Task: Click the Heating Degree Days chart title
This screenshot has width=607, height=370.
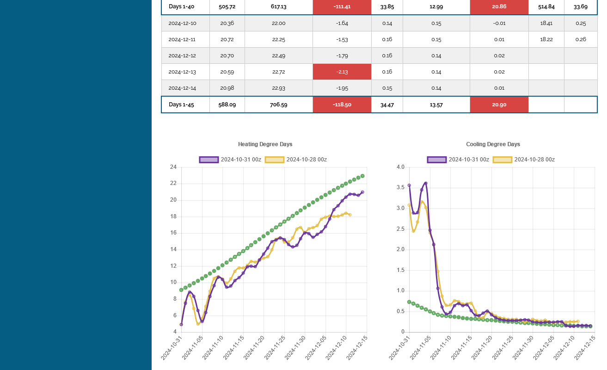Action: [265, 144]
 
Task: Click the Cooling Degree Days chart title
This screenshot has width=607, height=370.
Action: [493, 144]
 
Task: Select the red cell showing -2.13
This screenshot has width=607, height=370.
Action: [342, 72]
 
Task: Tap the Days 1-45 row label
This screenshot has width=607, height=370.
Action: [181, 105]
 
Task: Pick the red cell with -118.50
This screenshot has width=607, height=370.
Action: [342, 105]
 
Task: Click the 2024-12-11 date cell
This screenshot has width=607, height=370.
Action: [182, 39]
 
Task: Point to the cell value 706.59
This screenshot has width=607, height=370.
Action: [279, 105]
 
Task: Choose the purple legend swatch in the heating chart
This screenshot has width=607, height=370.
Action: [209, 160]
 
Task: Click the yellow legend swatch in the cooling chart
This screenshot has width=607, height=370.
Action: [503, 160]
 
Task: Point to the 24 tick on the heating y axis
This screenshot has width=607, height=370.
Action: [173, 167]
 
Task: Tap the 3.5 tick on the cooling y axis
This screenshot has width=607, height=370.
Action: [400, 187]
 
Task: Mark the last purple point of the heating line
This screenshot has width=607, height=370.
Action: [362, 192]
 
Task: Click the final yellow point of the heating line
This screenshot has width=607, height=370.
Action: [350, 215]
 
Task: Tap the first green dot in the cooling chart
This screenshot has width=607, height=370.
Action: [409, 302]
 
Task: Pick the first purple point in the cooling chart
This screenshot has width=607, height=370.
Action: [409, 185]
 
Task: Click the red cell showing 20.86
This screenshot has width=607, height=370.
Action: [499, 6]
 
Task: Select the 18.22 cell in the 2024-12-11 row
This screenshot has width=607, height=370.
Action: [546, 39]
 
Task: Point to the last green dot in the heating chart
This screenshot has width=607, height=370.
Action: [362, 176]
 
